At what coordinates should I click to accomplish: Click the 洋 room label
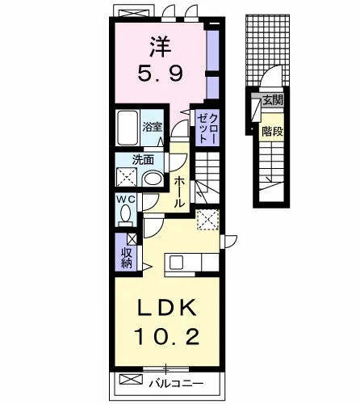(x=161, y=47)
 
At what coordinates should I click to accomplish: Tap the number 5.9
(x=161, y=74)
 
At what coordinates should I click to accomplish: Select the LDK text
(x=167, y=308)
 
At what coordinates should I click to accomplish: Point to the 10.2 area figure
(x=167, y=336)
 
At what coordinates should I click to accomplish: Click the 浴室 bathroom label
(x=153, y=127)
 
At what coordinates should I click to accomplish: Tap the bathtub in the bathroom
(x=128, y=128)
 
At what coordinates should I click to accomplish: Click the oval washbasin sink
(x=153, y=179)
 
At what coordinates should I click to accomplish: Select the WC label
(x=125, y=199)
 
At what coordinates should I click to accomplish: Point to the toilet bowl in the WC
(x=125, y=214)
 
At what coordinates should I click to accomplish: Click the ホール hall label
(x=179, y=191)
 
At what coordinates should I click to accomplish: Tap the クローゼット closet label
(x=207, y=128)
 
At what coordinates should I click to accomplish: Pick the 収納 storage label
(x=127, y=258)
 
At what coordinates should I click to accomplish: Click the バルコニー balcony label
(x=176, y=383)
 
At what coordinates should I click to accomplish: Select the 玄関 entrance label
(x=273, y=100)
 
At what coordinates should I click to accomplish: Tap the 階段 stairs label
(x=272, y=132)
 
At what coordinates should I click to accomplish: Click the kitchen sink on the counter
(x=176, y=262)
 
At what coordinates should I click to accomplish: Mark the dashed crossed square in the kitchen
(x=207, y=220)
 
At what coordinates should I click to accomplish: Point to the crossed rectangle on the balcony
(x=131, y=379)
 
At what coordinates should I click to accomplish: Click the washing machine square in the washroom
(x=127, y=177)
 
